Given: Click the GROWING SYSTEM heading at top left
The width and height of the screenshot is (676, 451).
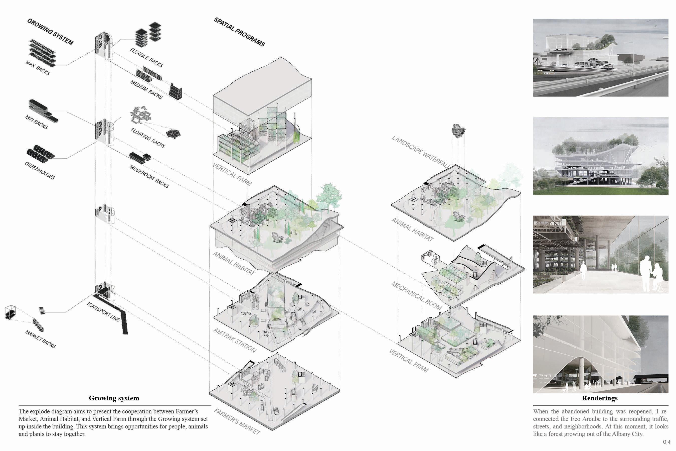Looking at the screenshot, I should pyautogui.click(x=50, y=32).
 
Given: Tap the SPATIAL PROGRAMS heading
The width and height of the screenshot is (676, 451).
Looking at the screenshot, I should pyautogui.click(x=239, y=32).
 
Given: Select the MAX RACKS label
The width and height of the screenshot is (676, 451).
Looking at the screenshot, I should pyautogui.click(x=38, y=68).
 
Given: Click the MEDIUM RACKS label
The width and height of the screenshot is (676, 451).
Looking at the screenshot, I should pyautogui.click(x=146, y=89).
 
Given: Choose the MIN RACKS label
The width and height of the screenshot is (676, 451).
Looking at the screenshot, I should pyautogui.click(x=37, y=122).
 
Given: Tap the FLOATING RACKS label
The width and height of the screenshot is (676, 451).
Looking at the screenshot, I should pyautogui.click(x=148, y=138).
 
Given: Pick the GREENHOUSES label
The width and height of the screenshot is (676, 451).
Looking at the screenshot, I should pyautogui.click(x=40, y=171).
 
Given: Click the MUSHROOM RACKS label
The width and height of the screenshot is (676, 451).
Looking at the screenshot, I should pyautogui.click(x=149, y=176).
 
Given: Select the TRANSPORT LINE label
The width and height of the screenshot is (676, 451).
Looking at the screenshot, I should pyautogui.click(x=103, y=311).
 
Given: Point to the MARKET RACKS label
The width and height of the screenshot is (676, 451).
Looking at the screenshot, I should pyautogui.click(x=41, y=339).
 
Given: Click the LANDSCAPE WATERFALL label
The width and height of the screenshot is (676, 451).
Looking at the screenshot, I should pyautogui.click(x=420, y=152).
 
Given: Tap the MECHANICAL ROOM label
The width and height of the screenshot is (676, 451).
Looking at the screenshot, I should pyautogui.click(x=416, y=295).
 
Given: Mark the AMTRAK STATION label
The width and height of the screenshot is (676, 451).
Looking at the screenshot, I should pyautogui.click(x=235, y=340).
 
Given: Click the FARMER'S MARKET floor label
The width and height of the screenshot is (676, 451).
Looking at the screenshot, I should pyautogui.click(x=237, y=421).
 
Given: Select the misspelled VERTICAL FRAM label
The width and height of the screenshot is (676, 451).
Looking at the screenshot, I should pyautogui.click(x=408, y=360).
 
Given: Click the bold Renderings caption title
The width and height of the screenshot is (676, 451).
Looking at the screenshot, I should pyautogui.click(x=600, y=398).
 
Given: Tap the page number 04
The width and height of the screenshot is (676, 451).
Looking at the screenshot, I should pyautogui.click(x=666, y=442).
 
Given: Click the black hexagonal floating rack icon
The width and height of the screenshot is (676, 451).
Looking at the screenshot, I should pyautogui.click(x=173, y=134).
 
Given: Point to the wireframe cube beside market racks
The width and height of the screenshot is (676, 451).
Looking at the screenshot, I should pyautogui.click(x=10, y=312).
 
